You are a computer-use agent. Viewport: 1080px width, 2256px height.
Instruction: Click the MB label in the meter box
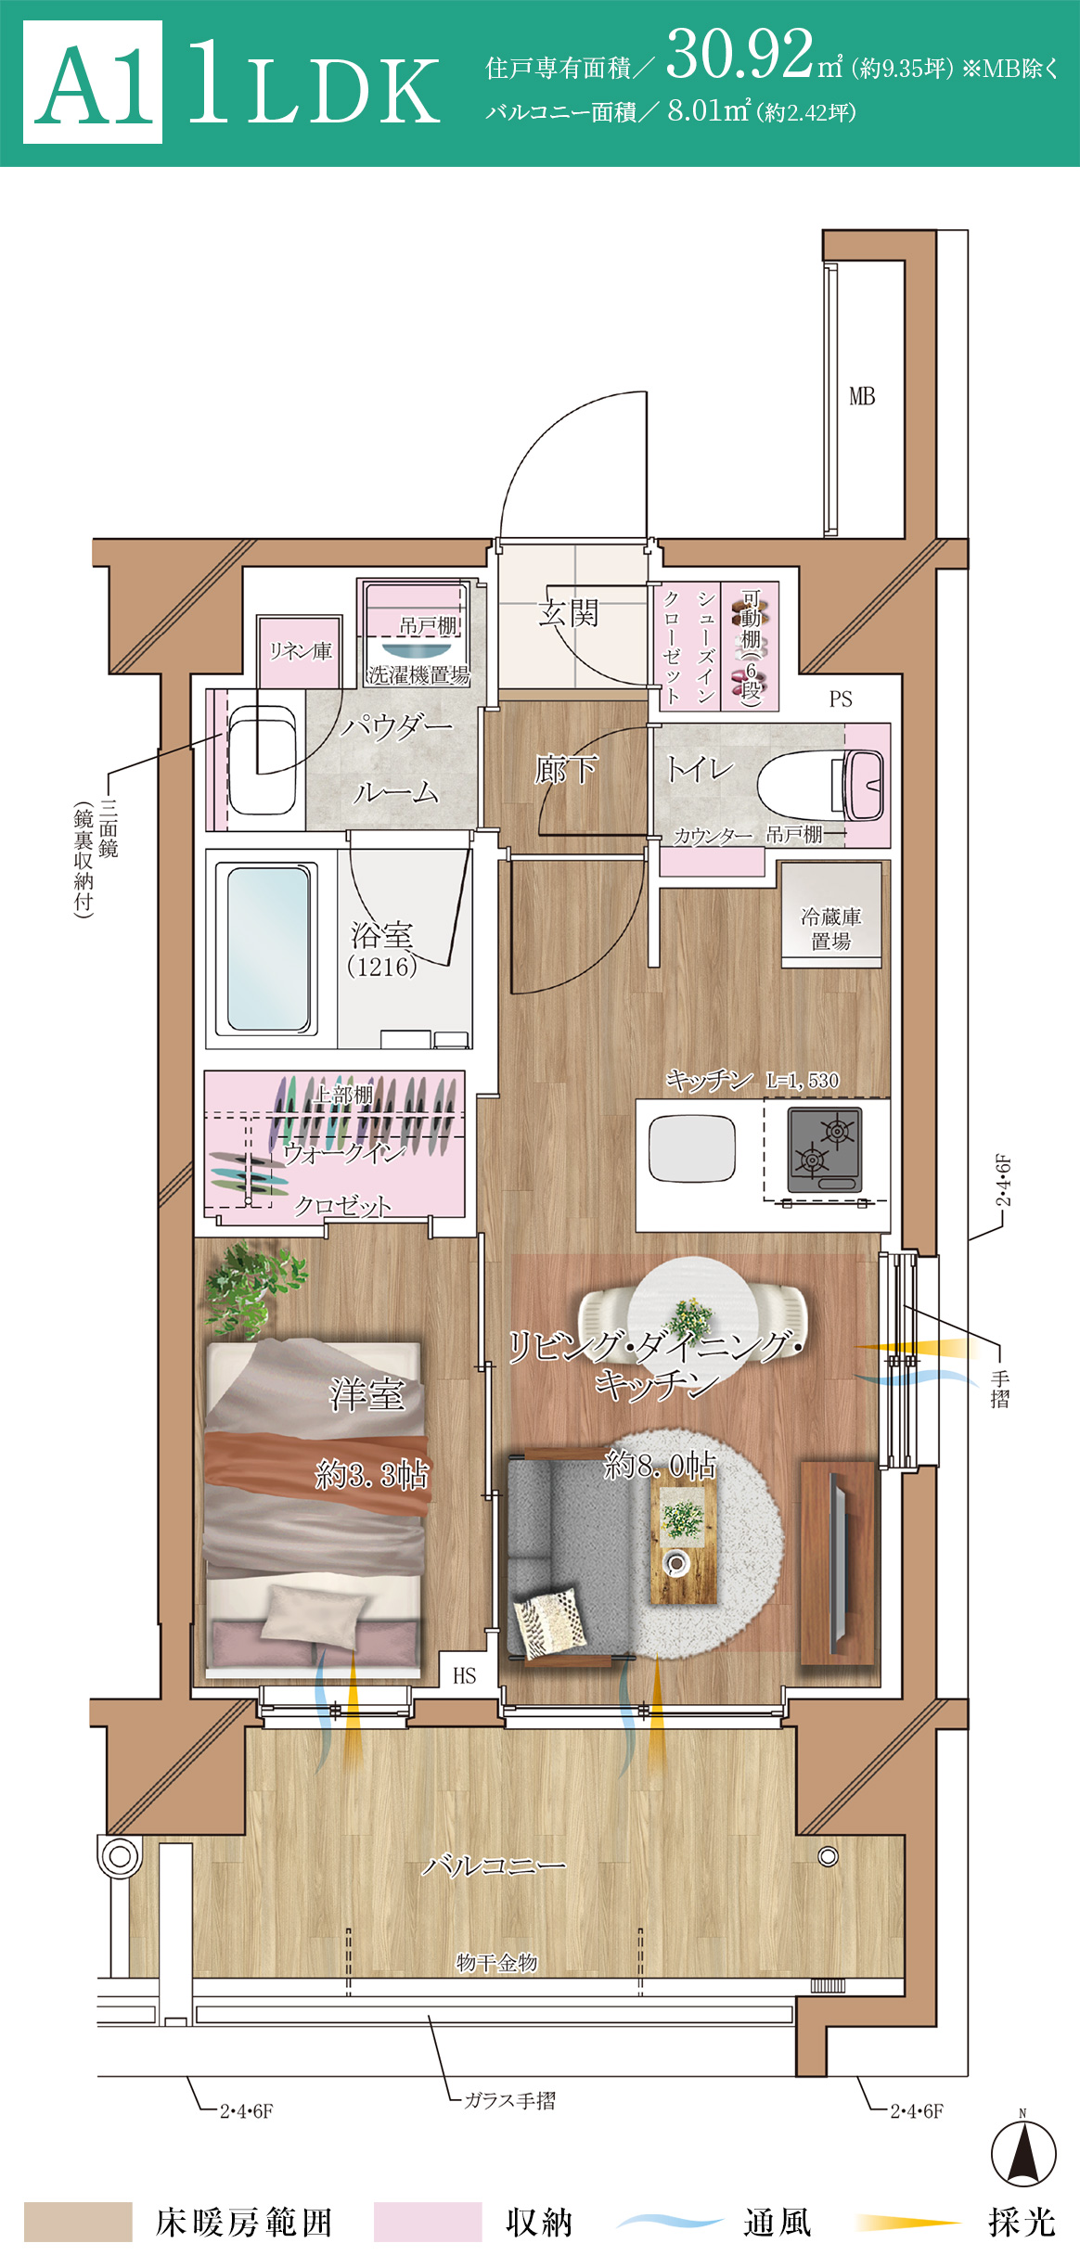(862, 397)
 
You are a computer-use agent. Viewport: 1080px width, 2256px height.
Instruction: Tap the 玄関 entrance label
(569, 613)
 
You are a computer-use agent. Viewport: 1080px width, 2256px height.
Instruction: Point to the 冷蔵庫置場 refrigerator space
(831, 916)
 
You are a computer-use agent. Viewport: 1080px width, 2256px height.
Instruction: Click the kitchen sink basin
(692, 1149)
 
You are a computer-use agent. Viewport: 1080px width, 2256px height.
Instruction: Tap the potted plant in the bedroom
(253, 1289)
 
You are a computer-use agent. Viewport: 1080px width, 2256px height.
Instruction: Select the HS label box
(464, 1675)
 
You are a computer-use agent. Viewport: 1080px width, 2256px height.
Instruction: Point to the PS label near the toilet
(841, 699)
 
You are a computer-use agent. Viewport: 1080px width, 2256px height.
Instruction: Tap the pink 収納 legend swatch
(428, 2223)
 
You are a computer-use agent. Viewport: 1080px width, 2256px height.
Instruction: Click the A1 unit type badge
(93, 83)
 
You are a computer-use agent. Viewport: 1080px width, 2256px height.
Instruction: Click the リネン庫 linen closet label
(300, 651)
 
